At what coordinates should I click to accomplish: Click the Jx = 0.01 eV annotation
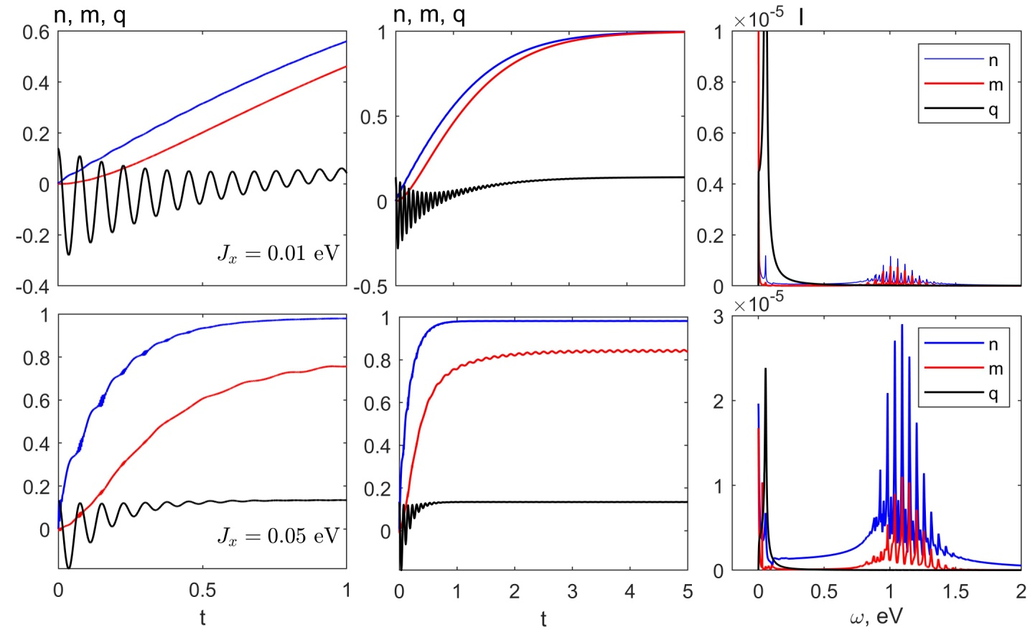[278, 254]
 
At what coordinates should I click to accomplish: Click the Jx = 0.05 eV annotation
[278, 537]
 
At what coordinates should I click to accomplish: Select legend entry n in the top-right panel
[993, 60]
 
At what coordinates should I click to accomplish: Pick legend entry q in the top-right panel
[993, 110]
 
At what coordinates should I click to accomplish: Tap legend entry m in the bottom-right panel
[995, 369]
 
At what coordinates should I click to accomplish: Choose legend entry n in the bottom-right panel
[993, 344]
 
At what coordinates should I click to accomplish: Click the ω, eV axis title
[876, 616]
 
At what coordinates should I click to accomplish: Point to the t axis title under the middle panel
[543, 618]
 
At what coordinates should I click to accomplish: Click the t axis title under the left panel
[202, 617]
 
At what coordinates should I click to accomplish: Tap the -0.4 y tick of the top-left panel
[36, 287]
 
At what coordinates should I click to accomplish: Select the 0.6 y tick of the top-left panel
[36, 32]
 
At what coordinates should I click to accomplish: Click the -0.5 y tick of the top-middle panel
[373, 287]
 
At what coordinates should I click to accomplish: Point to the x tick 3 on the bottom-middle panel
[572, 591]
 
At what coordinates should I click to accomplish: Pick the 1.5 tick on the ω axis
[955, 591]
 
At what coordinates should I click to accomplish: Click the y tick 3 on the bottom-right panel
[718, 316]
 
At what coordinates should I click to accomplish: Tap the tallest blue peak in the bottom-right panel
[902, 325]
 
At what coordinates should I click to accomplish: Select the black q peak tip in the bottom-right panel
[766, 369]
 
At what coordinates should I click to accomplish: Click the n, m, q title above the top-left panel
[90, 15]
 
